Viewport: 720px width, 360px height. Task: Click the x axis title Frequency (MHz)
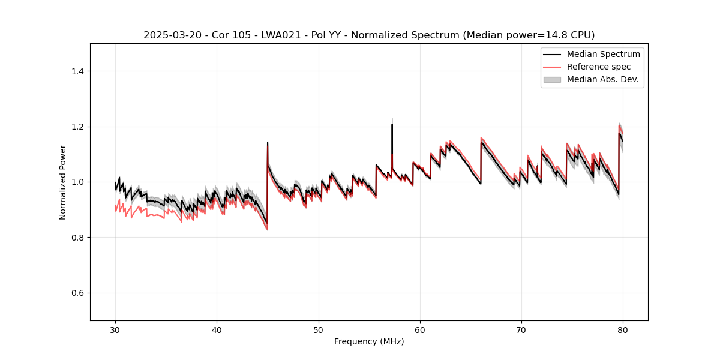tap(369, 341)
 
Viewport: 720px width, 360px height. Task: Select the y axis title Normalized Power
tap(63, 182)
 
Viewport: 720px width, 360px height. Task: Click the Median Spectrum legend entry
tap(603, 54)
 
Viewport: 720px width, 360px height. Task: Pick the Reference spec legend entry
tap(598, 67)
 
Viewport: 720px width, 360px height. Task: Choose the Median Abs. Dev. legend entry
tap(602, 79)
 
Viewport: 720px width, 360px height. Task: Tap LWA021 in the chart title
tap(281, 35)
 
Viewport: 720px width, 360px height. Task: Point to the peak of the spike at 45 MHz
tap(268, 143)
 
